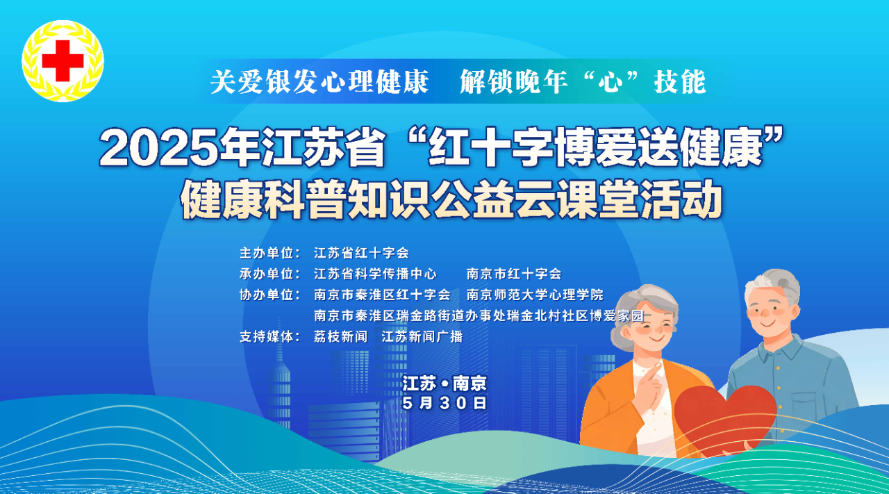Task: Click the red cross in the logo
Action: click(63, 60)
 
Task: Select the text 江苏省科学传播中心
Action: click(375, 274)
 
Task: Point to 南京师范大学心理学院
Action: click(535, 295)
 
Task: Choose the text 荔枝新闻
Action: click(341, 337)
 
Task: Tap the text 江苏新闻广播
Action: click(422, 337)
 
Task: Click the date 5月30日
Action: click(444, 403)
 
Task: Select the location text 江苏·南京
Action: click(444, 384)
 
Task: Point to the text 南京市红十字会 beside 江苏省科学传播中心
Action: click(514, 274)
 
